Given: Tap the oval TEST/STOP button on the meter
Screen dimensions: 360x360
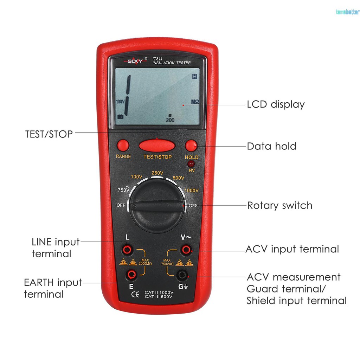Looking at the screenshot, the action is point(157,145).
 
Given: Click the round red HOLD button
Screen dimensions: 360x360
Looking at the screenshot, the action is point(191,145).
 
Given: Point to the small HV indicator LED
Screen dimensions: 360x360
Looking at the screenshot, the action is point(192,164).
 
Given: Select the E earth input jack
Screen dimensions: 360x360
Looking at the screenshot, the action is point(131,274).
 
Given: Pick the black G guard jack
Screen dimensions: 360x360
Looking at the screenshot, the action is point(182,275).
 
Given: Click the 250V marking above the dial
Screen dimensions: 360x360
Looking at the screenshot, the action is point(157,173).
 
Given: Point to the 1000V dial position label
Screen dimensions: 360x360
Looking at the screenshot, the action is point(192,191).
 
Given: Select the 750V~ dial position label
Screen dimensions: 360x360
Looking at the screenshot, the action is point(124,190).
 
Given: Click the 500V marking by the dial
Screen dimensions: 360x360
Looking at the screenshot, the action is point(178,178).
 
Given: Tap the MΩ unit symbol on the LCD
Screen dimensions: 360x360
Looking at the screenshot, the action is point(195,102).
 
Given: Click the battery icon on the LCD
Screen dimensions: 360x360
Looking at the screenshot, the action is point(120,117).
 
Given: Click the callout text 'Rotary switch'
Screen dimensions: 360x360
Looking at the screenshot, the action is point(279,205).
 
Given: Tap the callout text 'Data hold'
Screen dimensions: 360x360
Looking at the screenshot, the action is point(271,146).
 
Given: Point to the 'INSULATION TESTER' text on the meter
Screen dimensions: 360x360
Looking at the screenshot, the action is point(171,63).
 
